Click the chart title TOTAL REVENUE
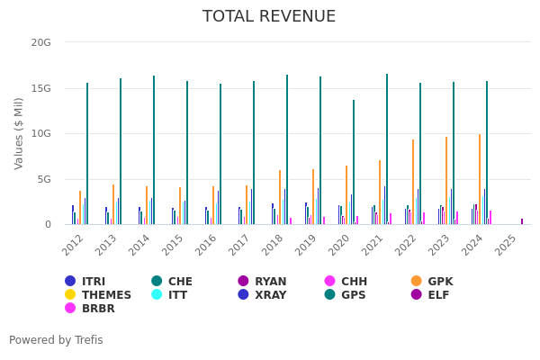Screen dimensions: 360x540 coord(269,17)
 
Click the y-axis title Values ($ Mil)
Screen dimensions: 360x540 coord(20,133)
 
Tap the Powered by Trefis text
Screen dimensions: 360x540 coord(56,340)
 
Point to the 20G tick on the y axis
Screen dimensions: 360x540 coord(40,42)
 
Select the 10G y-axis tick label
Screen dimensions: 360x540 coord(40,133)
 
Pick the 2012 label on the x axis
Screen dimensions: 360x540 coord(75,243)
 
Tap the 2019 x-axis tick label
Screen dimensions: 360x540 coord(307,243)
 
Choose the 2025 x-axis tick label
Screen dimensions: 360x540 coord(507,243)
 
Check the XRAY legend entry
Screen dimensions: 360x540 coord(263,295)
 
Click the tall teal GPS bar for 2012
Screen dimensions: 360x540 coord(87,153)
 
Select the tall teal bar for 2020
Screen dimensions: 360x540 coord(354,162)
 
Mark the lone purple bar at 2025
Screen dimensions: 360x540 coord(521,221)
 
